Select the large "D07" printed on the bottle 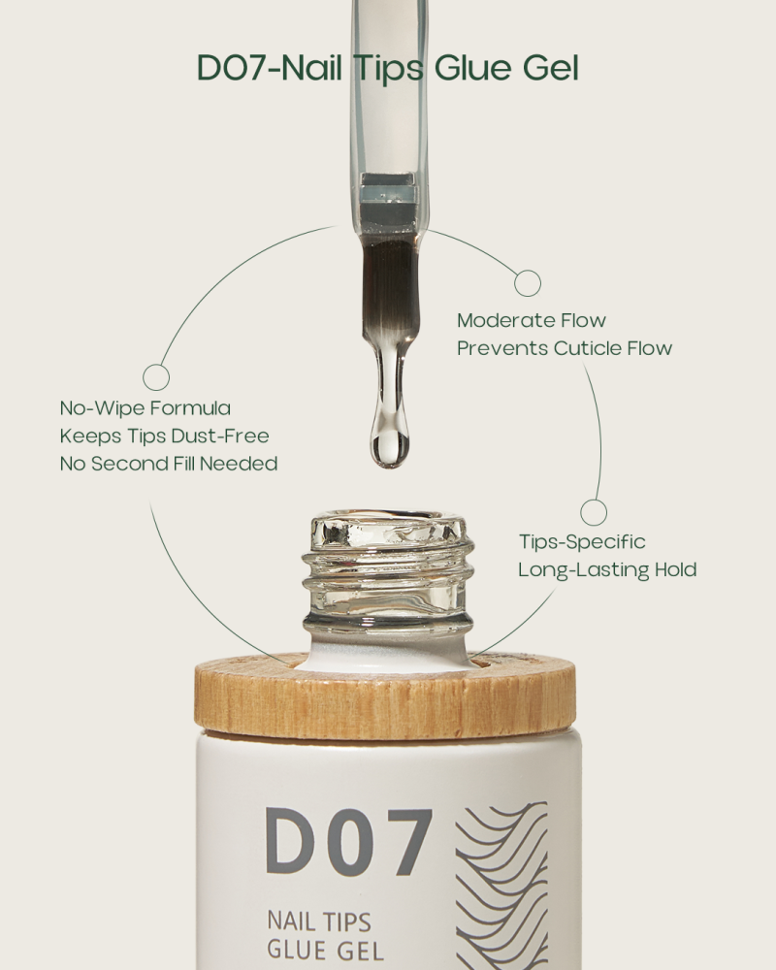coord(348,841)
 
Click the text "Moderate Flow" coord(531,320)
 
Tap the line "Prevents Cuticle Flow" coord(565,348)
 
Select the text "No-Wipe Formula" coord(145,408)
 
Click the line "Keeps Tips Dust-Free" coord(164,436)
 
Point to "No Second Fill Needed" coord(169,464)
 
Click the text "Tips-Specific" coord(581,541)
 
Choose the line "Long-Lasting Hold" coord(607,569)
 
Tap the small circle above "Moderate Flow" coord(527,283)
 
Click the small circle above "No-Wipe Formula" coord(156,377)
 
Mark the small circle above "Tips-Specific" coord(594,512)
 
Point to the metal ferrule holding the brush coord(388,199)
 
